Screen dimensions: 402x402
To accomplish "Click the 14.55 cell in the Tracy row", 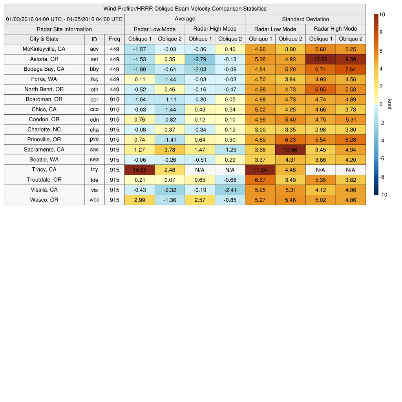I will (x=139, y=170).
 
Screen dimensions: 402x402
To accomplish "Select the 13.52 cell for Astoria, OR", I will (x=320, y=59).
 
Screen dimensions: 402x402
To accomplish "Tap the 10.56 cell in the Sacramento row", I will (x=290, y=150).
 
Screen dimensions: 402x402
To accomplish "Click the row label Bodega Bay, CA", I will (x=44, y=69).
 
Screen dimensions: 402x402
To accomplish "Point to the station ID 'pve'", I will (x=94, y=139).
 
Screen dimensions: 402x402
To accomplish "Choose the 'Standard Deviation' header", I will (x=305, y=19).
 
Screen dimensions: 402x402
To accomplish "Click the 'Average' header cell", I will (x=185, y=19).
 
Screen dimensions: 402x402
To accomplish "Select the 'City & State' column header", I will (x=44, y=39).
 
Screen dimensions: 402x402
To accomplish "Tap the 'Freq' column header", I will (x=115, y=39).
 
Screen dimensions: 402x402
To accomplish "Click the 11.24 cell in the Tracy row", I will (x=260, y=170).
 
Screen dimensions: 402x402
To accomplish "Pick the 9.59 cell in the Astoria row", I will (x=351, y=59).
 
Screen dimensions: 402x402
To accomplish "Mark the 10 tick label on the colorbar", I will (x=382, y=15).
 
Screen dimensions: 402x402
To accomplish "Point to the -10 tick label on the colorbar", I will (x=383, y=194).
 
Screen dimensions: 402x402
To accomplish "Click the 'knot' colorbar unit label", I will (x=389, y=104).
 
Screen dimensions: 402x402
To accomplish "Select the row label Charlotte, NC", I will (x=44, y=130).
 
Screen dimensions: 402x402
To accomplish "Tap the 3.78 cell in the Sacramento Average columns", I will (x=170, y=150).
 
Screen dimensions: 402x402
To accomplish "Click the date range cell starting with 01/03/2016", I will (x=64, y=19).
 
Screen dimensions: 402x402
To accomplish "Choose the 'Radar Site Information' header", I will (x=64, y=29).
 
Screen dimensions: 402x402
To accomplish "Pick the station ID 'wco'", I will (x=94, y=200).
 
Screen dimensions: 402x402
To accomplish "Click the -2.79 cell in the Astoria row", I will (x=200, y=59).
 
